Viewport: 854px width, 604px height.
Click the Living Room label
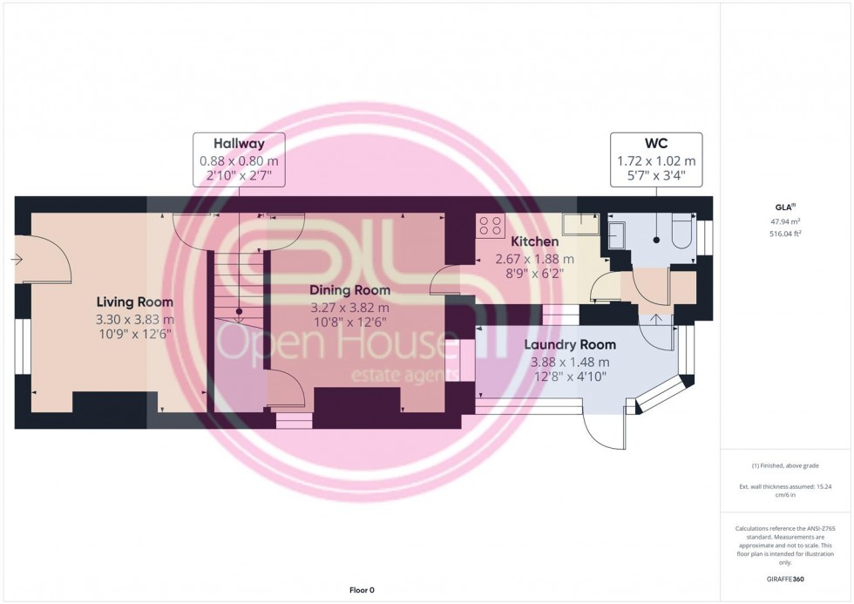(x=135, y=302)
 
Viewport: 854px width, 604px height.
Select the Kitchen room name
(x=534, y=241)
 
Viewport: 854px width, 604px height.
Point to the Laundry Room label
(x=570, y=344)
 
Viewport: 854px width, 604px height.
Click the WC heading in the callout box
(x=656, y=144)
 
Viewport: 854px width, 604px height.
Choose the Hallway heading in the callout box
(x=239, y=144)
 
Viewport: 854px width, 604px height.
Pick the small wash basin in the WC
(x=615, y=234)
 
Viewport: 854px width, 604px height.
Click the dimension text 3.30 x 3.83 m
(x=135, y=319)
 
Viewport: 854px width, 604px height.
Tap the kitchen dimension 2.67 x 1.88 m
(x=534, y=259)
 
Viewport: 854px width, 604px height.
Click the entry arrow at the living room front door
(x=17, y=259)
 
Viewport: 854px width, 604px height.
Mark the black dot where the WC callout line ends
(x=656, y=239)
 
